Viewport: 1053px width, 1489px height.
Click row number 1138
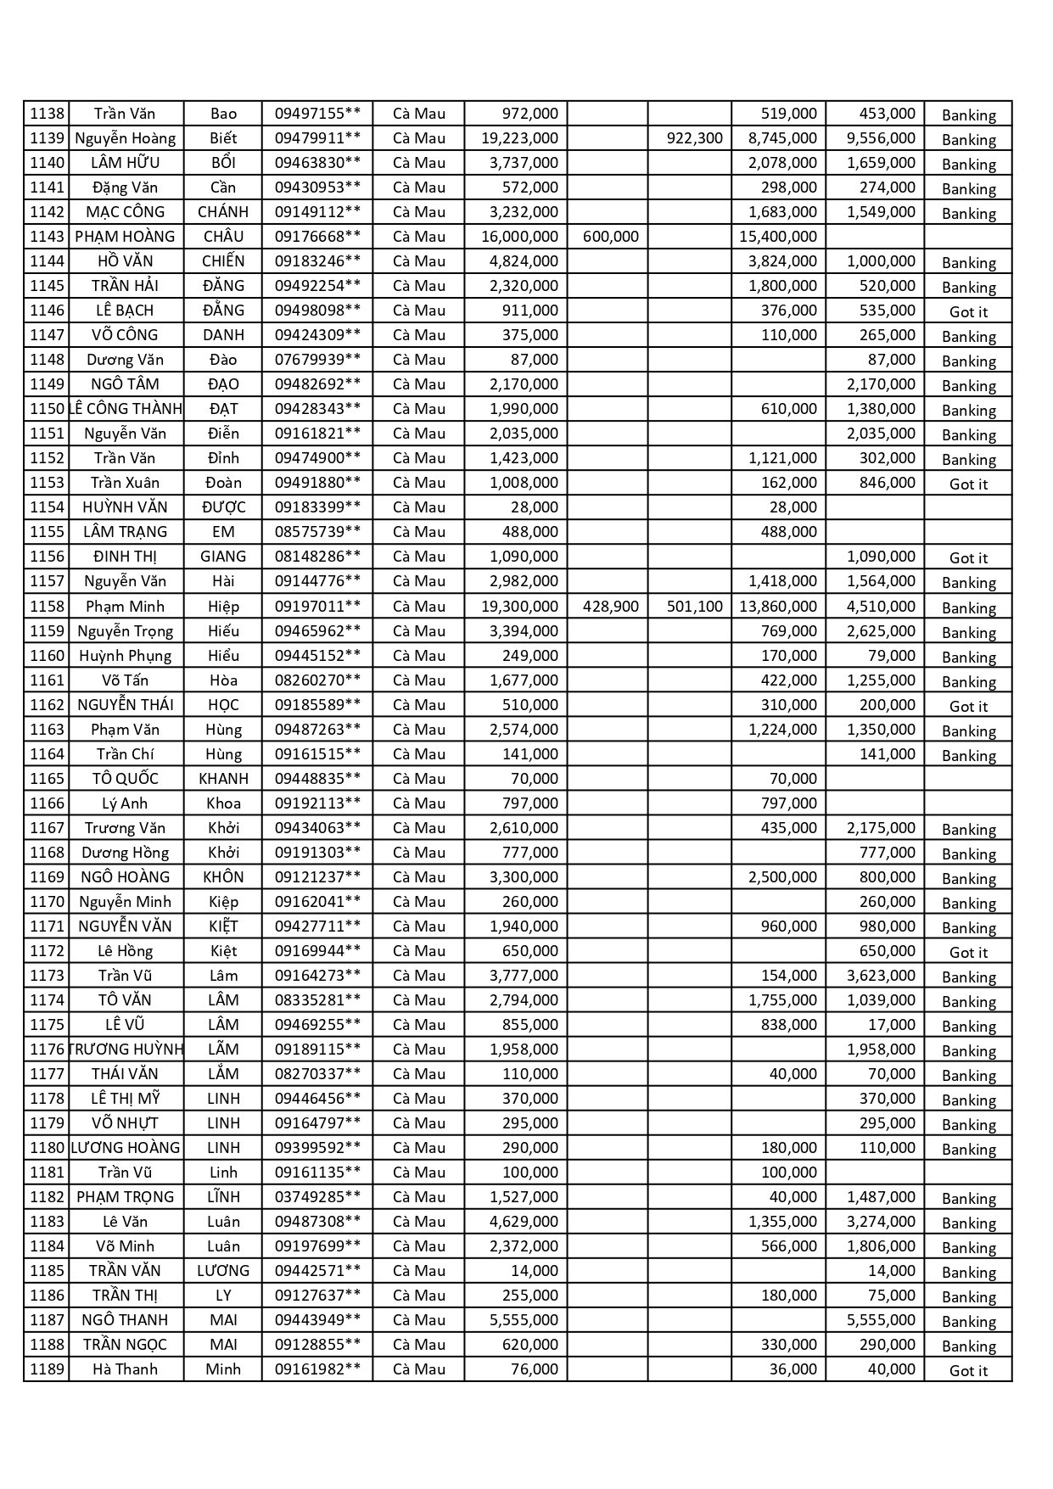pos(47,114)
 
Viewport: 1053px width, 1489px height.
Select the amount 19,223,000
pos(519,138)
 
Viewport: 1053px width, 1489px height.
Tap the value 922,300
pos(694,138)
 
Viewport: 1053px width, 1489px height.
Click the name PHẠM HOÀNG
pos(125,237)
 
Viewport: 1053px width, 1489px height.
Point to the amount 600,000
pos(611,237)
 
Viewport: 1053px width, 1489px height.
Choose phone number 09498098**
pos(317,311)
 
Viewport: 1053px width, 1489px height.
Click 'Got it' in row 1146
pos(968,312)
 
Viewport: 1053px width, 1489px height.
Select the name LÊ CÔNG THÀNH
pos(126,409)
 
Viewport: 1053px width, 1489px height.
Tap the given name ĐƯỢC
pos(223,507)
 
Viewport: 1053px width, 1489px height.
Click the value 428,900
pos(611,607)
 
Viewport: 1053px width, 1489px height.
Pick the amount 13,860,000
pos(778,607)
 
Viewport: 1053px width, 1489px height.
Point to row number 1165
pos(47,779)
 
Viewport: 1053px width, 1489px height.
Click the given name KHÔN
pos(223,877)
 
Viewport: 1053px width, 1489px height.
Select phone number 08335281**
pos(317,1000)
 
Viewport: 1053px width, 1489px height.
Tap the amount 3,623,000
pos(881,976)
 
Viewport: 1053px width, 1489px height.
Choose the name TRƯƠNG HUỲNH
pos(126,1050)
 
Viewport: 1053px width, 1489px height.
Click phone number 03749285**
pos(317,1197)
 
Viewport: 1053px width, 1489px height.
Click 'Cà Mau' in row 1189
pos(419,1369)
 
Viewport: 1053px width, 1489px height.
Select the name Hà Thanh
pos(125,1369)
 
